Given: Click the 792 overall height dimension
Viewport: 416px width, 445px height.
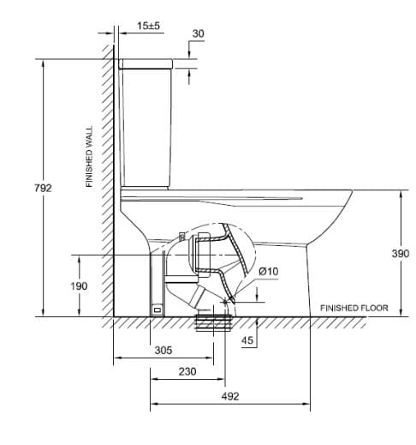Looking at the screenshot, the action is click(x=43, y=188).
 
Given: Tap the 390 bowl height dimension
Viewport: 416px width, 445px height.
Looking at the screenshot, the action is click(x=401, y=253).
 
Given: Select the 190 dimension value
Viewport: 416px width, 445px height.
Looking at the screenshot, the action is click(x=79, y=286).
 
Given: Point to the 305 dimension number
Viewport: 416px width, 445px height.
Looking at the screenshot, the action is click(x=163, y=350).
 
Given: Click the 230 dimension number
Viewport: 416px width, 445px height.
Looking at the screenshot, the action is click(x=187, y=371).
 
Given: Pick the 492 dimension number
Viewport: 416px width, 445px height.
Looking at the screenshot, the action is click(x=230, y=396).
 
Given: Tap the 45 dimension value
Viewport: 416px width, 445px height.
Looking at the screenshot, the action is click(x=247, y=340).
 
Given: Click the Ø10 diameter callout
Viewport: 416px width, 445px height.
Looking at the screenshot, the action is click(x=269, y=271).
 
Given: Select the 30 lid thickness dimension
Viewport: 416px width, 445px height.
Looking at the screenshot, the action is click(x=199, y=33).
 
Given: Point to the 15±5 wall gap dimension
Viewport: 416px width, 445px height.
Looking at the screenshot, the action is click(x=148, y=26).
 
